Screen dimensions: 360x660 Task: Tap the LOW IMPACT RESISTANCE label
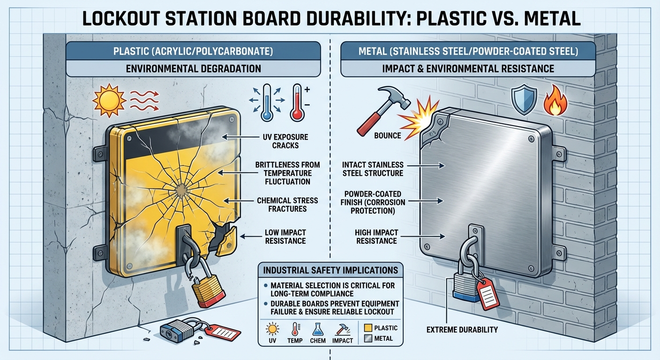[285, 236]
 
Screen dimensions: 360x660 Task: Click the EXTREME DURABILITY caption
[462, 330]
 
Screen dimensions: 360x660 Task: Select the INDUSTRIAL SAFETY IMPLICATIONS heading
[330, 270]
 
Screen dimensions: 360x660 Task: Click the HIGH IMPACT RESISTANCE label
[377, 236]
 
